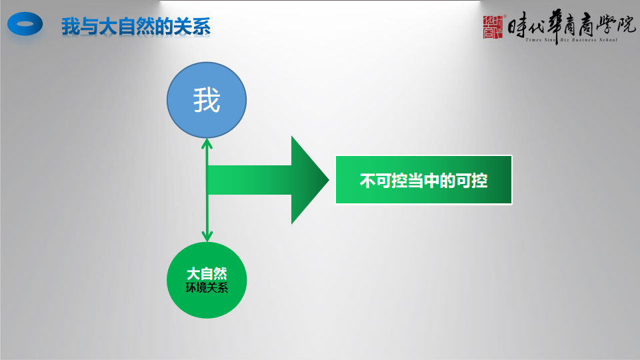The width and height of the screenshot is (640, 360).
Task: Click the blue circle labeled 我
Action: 207,100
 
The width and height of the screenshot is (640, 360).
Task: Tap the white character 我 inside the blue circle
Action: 207,100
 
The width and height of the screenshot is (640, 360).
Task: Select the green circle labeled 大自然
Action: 207,280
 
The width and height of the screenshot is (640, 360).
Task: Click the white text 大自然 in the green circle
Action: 207,273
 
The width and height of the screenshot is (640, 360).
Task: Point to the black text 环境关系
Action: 207,288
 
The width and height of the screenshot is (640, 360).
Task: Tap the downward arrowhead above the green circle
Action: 207,237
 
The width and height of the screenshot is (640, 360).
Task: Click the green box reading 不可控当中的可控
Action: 424,179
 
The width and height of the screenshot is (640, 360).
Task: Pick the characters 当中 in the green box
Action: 423,181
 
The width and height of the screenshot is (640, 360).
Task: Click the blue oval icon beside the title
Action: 25,24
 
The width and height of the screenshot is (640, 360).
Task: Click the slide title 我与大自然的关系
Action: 136,27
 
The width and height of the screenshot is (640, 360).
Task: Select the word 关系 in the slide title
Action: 192,27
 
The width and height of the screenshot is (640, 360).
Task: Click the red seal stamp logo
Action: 493,27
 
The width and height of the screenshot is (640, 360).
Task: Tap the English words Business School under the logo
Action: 594,40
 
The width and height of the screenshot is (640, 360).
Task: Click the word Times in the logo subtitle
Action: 533,40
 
